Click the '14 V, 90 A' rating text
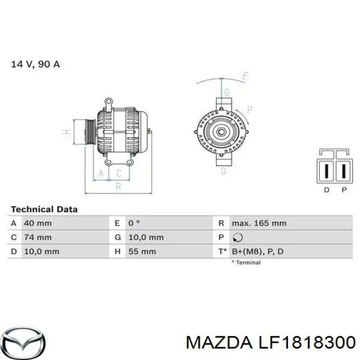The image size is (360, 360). [35, 65]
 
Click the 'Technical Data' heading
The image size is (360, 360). [44, 209]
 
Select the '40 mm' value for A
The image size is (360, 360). [38, 223]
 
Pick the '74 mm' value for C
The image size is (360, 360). [38, 237]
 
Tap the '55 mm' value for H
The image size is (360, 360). [142, 251]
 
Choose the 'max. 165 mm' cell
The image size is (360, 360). [259, 223]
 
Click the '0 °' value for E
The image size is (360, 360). [134, 223]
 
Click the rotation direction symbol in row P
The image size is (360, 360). [238, 238]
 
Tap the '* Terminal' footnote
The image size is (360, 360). [246, 262]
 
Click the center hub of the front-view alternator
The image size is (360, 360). [221, 132]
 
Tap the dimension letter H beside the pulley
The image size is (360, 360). [66, 132]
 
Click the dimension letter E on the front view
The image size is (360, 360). [245, 77]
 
